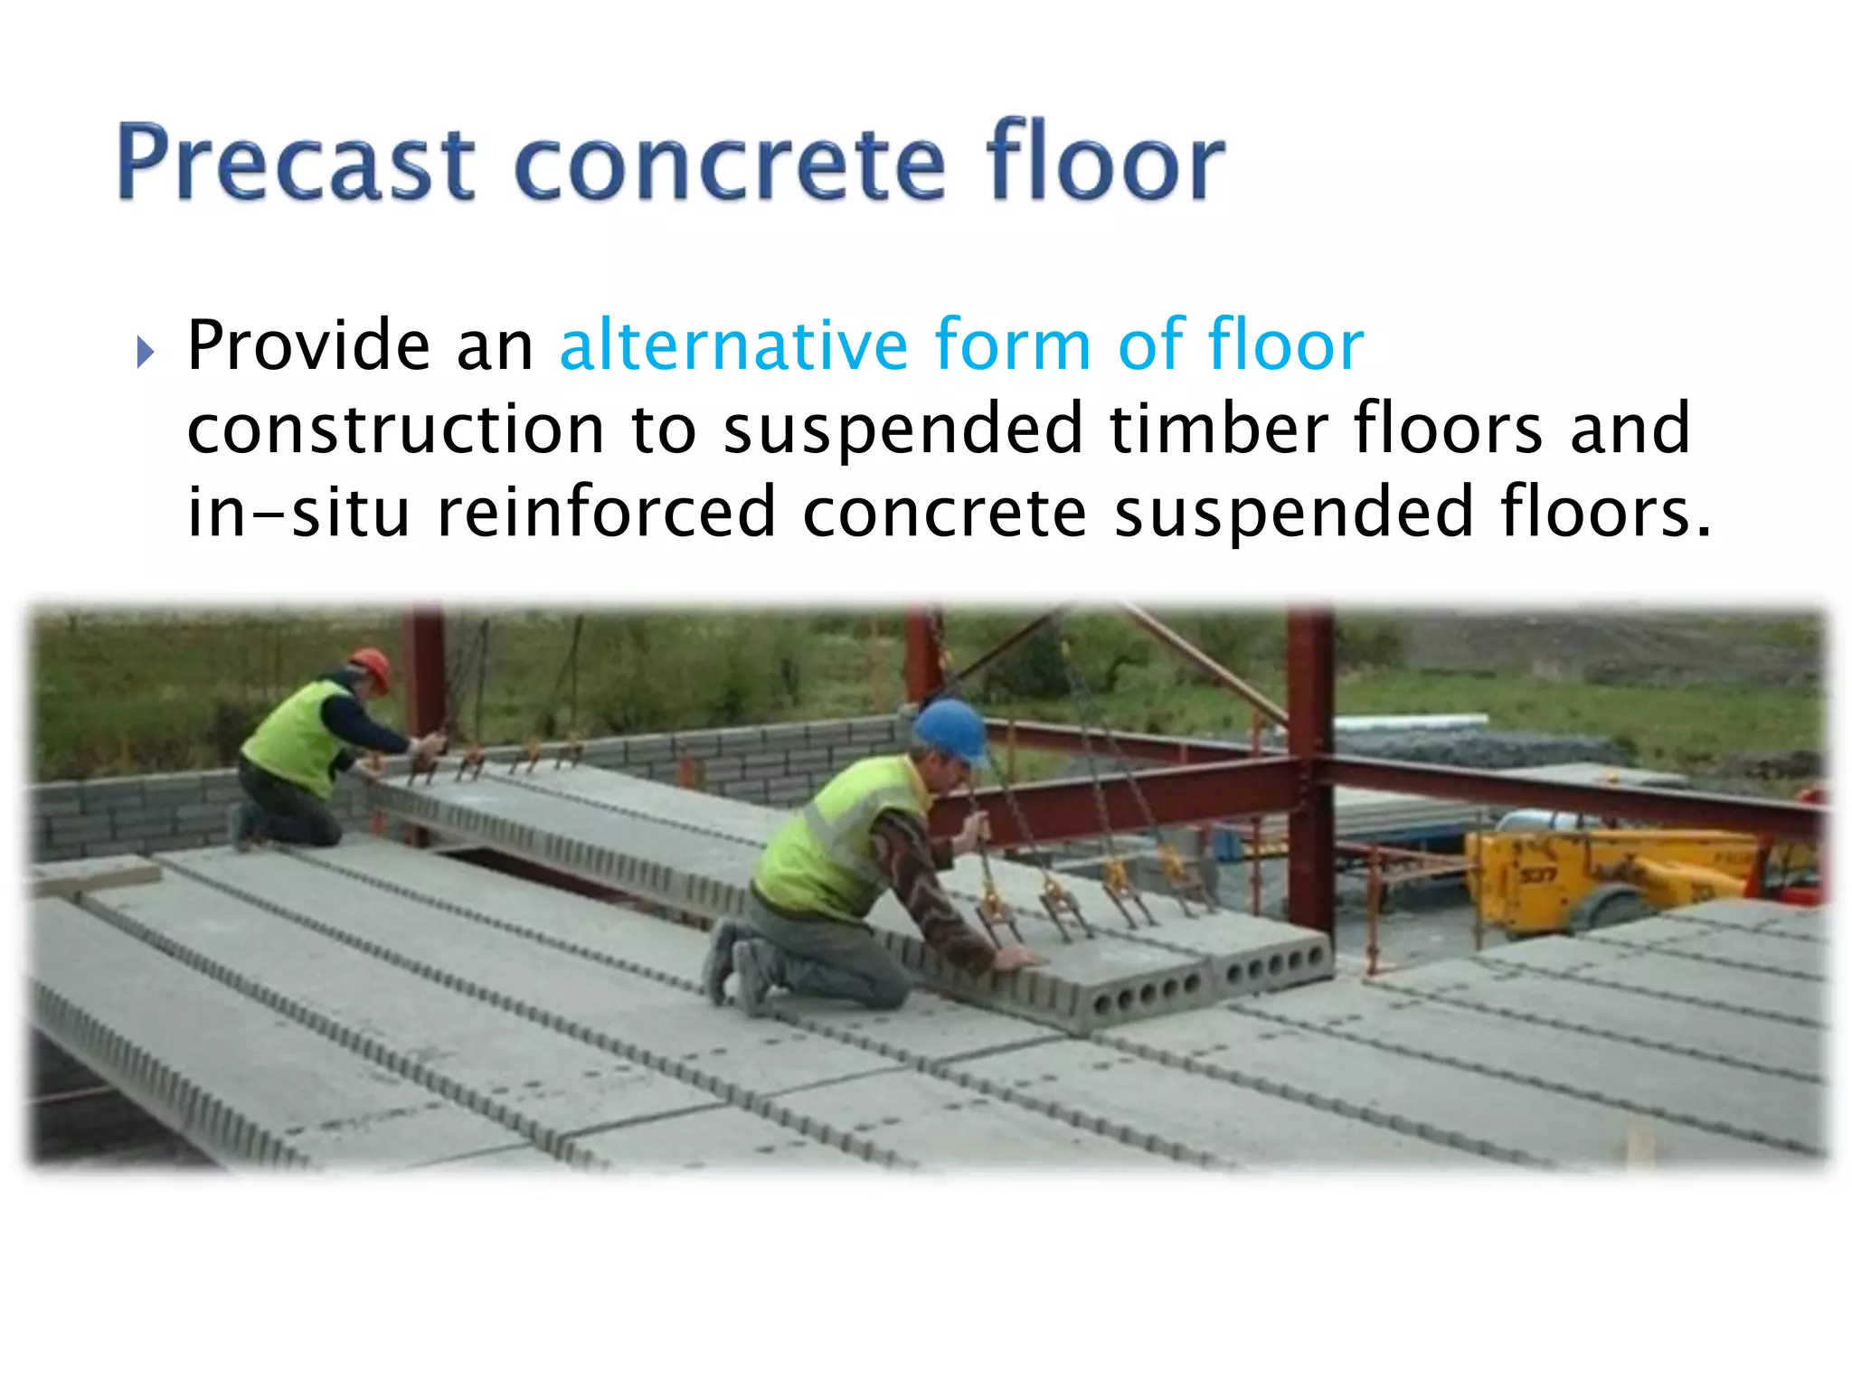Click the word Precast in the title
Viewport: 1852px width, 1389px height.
[x=295, y=163]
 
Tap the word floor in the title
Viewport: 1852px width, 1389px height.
[x=1105, y=163]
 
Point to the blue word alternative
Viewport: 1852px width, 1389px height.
[x=733, y=345]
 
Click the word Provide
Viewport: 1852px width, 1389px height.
[x=308, y=345]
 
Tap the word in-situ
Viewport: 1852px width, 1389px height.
[x=298, y=512]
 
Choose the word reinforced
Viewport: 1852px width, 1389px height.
[x=606, y=512]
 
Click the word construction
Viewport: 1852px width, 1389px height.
[x=395, y=430]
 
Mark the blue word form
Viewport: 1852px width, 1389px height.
[x=1012, y=345]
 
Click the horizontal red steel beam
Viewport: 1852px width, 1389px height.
[x=1130, y=796]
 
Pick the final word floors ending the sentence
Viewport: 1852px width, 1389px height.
[x=1605, y=512]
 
